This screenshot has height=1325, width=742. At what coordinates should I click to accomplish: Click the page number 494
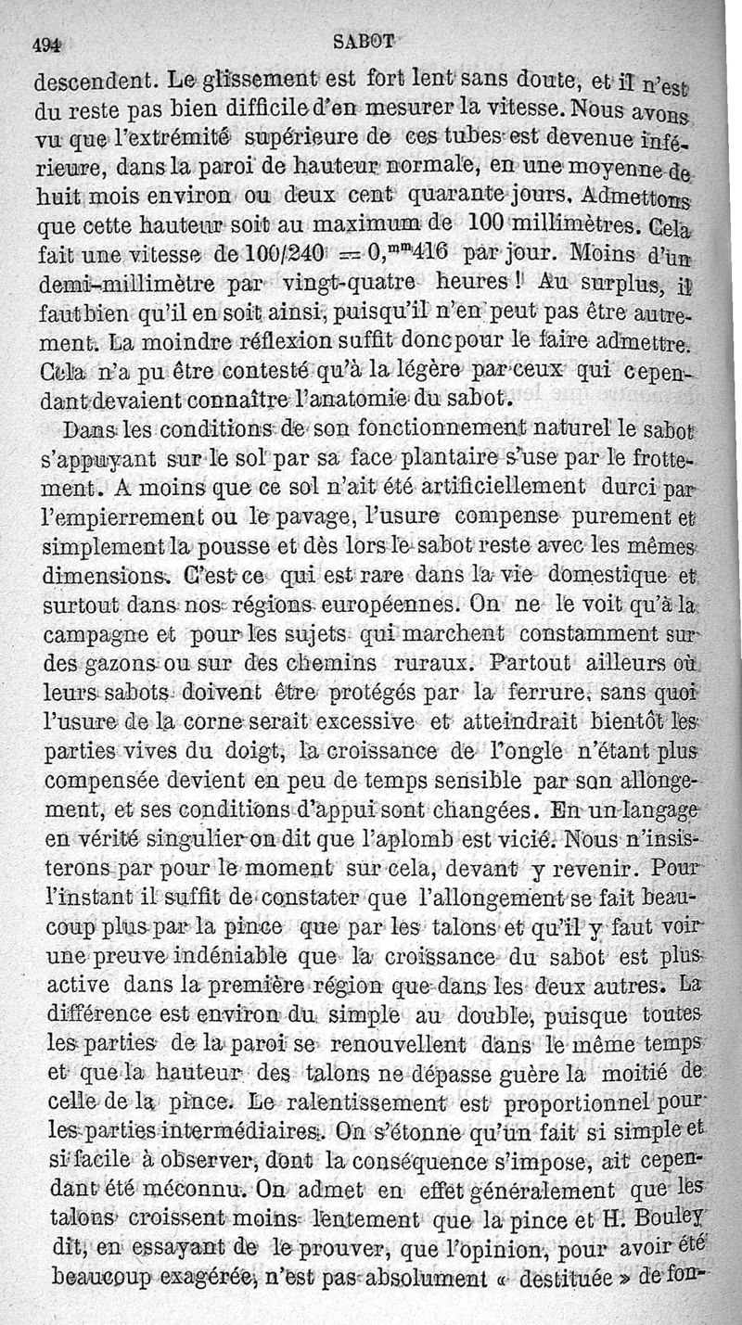46,44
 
